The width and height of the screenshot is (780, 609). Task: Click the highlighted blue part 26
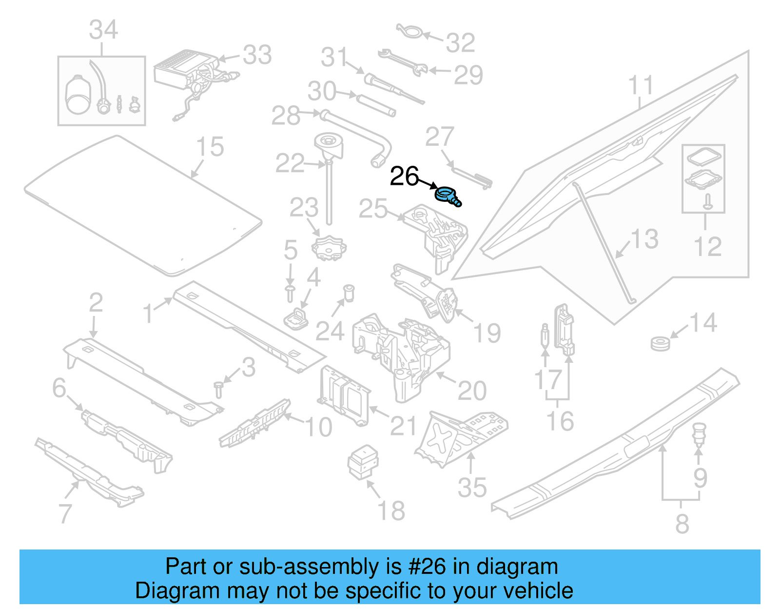tap(447, 196)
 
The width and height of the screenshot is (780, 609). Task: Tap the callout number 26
tap(404, 177)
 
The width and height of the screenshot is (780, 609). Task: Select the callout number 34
tap(103, 30)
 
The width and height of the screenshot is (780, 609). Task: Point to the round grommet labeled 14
tap(661, 343)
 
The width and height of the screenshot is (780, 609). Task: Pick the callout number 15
tap(210, 147)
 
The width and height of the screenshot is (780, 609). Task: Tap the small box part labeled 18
tap(363, 461)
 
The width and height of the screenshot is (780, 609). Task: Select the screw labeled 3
tap(218, 390)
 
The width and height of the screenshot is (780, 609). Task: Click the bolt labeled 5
tap(290, 294)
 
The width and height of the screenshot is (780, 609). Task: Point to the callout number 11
tap(640, 86)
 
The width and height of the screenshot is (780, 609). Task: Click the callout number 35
tap(471, 487)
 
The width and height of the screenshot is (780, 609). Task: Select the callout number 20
tap(472, 391)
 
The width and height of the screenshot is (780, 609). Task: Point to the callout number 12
tap(707, 247)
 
